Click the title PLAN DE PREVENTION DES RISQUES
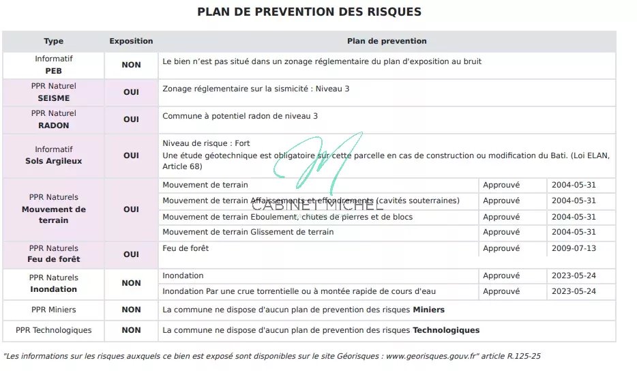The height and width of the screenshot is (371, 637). pyautogui.click(x=309, y=12)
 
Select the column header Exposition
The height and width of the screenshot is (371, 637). pyautogui.click(x=131, y=42)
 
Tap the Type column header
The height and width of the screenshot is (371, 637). pyautogui.click(x=53, y=42)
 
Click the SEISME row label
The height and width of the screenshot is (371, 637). pyautogui.click(x=53, y=98)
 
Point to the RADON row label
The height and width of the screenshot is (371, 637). pyautogui.click(x=53, y=125)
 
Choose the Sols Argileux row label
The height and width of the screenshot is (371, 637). pyautogui.click(x=53, y=161)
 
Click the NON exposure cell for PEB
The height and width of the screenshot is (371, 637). pyautogui.click(x=131, y=65)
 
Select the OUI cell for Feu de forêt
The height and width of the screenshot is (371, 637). pyautogui.click(x=131, y=254)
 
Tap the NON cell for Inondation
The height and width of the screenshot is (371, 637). pyautogui.click(x=131, y=283)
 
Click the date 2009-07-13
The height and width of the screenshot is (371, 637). pyautogui.click(x=574, y=248)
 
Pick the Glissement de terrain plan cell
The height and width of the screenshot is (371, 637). pyautogui.click(x=248, y=233)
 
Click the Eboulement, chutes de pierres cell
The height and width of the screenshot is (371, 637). pyautogui.click(x=287, y=217)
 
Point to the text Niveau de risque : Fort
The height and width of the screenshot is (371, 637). pyautogui.click(x=206, y=144)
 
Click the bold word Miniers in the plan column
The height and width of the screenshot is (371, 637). pyautogui.click(x=428, y=310)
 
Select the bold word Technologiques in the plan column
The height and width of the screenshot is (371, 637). pyautogui.click(x=446, y=330)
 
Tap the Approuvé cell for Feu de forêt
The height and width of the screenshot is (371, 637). pyautogui.click(x=501, y=248)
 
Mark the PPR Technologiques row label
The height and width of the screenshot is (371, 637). pyautogui.click(x=53, y=330)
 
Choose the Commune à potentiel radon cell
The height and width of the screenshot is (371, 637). pyautogui.click(x=240, y=116)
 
